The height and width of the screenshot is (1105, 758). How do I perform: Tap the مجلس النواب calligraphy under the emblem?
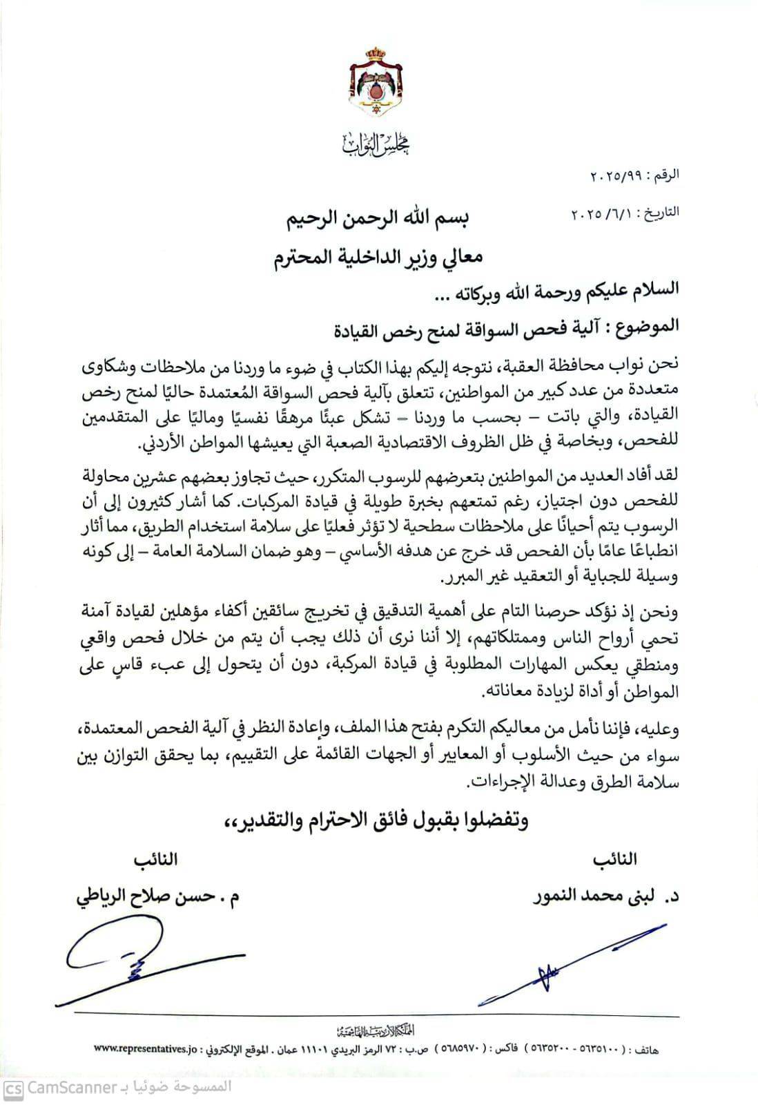pyautogui.click(x=376, y=143)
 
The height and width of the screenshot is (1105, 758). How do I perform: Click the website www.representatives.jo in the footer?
pyautogui.click(x=142, y=1049)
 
